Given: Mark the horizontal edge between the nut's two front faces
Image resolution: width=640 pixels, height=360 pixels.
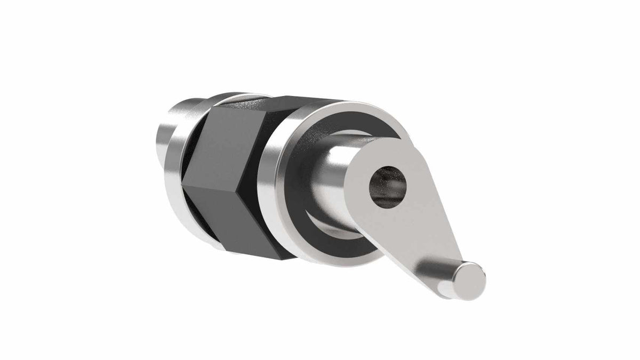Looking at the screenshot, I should point(235,181).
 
